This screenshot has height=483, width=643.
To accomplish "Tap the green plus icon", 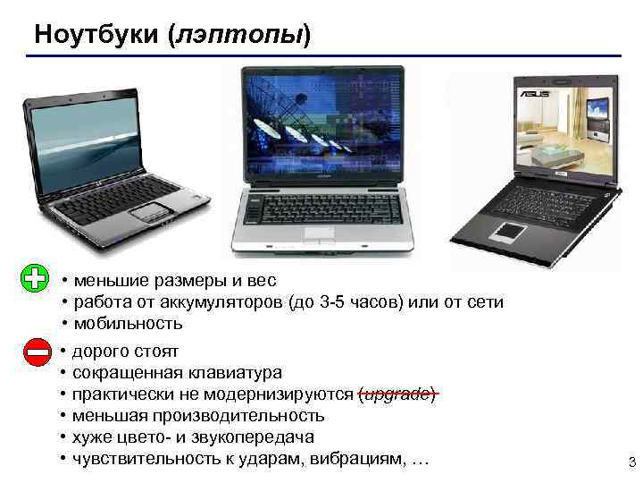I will pyautogui.click(x=34, y=279).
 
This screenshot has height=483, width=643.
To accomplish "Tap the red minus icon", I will pyautogui.click(x=38, y=353).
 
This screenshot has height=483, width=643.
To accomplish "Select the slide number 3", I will pyautogui.click(x=631, y=462).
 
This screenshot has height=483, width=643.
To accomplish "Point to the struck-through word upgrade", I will pyautogui.click(x=397, y=394).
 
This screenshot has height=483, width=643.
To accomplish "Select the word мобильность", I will pyautogui.click(x=128, y=324).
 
